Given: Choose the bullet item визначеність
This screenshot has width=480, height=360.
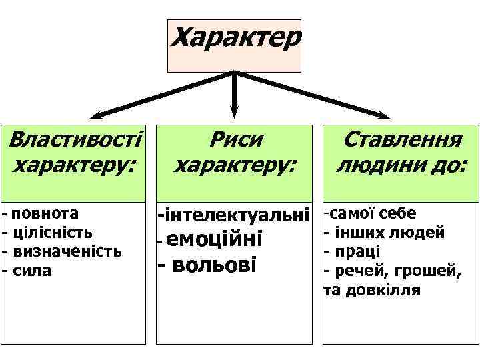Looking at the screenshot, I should (67, 251).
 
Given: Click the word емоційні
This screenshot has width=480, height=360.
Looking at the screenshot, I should (217, 238).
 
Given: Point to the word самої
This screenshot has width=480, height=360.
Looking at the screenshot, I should (353, 213).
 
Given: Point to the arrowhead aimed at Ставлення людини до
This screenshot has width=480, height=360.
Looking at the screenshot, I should (384, 115).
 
